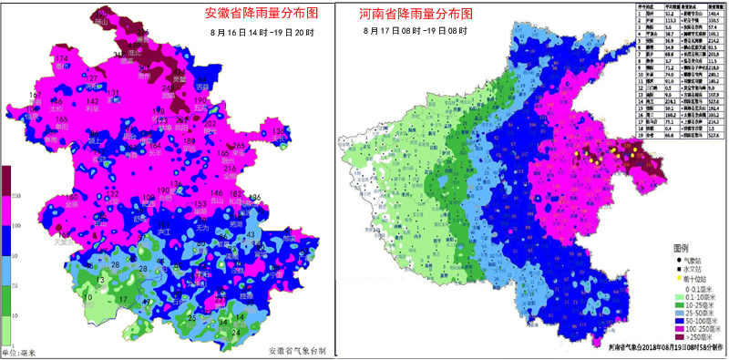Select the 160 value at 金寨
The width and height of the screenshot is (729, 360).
click(72, 198)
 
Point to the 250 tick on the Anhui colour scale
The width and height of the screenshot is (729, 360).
click(16, 197)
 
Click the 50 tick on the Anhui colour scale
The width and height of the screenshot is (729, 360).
click(16, 258)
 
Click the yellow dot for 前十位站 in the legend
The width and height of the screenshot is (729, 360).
click(677, 279)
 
